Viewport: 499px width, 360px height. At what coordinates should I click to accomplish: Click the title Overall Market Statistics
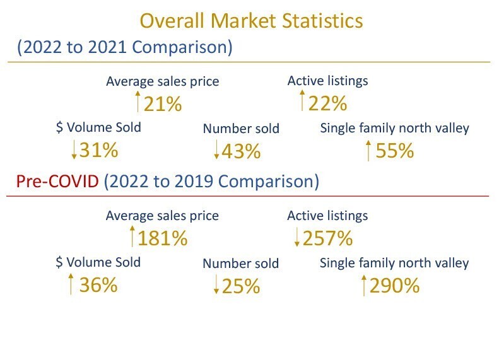pos(251,21)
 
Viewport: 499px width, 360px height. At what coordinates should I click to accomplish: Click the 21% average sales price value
pos(163,103)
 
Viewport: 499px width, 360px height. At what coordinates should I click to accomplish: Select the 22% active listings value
pos(327,102)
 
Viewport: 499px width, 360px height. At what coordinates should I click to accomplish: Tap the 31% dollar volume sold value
pos(98,149)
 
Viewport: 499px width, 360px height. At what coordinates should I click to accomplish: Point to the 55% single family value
pos(394,151)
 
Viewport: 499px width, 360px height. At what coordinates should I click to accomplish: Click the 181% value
pos(163,239)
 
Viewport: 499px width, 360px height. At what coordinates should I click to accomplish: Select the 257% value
pos(327,238)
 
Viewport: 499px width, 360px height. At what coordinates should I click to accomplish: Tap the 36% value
pos(98,285)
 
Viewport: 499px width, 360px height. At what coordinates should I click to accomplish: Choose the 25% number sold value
pos(240,287)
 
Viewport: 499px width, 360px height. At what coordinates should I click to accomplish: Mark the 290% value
pos(394,286)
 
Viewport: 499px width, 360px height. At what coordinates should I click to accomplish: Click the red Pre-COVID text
pos(57,182)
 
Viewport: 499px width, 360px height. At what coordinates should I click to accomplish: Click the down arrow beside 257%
pos(296,238)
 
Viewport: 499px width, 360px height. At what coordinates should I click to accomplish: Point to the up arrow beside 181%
pos(132,236)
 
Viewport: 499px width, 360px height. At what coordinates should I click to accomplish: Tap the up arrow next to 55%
pos(368,151)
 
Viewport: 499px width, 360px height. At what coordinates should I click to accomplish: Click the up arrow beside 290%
pos(363,286)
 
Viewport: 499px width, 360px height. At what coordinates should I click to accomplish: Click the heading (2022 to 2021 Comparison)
pos(124,48)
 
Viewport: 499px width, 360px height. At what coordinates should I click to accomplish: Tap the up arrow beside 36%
pos(71,284)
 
